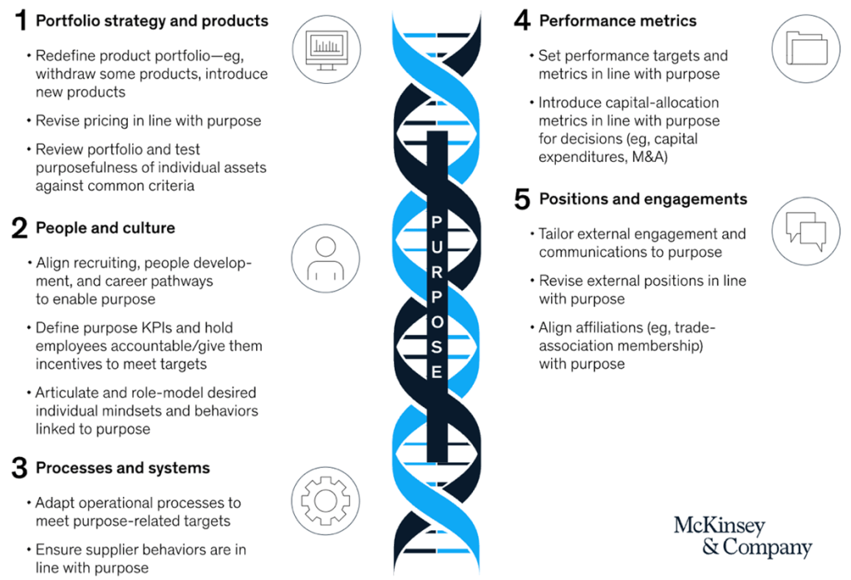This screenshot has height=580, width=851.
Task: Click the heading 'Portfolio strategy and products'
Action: coord(152,21)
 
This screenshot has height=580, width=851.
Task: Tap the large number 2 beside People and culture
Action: coord(20,229)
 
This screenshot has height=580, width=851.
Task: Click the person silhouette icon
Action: coord(325,258)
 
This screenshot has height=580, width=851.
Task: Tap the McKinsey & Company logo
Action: coord(742,536)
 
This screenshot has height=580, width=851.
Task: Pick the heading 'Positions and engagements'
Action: coord(642,199)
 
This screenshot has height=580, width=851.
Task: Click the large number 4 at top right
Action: coord(522,21)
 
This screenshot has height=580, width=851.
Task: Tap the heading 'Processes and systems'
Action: coord(122,468)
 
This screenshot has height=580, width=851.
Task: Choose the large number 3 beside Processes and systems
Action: coord(20,469)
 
